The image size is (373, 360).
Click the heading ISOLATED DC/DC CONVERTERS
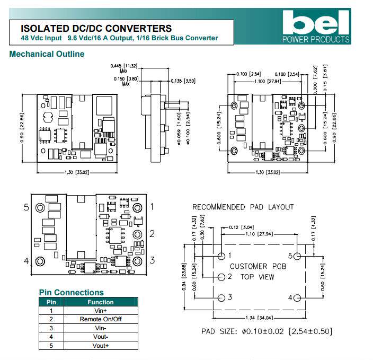point(96,29)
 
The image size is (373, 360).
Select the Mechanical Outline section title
point(47,54)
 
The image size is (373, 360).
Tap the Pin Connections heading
point(72,292)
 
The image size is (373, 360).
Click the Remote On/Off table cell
point(101,319)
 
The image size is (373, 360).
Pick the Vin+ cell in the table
point(101,310)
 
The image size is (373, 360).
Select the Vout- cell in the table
point(101,337)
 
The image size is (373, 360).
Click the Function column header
point(101,302)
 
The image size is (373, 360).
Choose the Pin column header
point(51,302)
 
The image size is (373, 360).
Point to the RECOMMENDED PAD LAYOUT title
point(243,207)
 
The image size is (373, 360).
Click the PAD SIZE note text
point(267,331)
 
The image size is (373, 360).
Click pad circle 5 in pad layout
point(298,256)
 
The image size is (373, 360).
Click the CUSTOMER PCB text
point(258,266)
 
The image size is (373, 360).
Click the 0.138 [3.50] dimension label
point(183,81)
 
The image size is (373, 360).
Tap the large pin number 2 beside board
point(152,233)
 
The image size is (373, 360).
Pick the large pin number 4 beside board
point(26,261)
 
